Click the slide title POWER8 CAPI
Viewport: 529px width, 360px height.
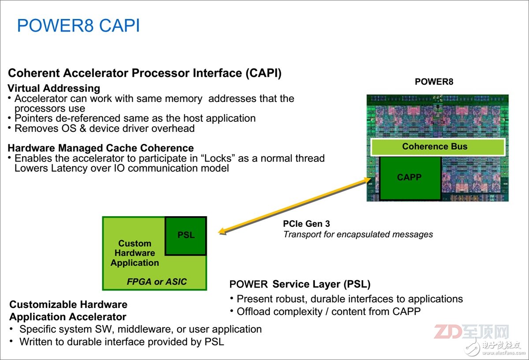click(78, 26)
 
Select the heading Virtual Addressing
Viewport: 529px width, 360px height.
click(54, 88)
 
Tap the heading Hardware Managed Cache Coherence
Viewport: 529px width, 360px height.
click(101, 148)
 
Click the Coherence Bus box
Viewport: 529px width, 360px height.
click(435, 147)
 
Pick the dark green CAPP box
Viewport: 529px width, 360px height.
click(409, 177)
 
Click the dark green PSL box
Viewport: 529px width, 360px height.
click(186, 236)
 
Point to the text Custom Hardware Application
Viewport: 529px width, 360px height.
click(134, 253)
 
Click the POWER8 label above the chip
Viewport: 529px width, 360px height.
click(434, 82)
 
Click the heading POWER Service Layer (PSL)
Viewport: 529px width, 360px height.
click(300, 284)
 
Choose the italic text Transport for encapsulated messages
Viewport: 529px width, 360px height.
click(358, 234)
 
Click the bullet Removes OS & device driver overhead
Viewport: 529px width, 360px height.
click(104, 128)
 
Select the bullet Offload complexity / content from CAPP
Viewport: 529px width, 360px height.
click(328, 311)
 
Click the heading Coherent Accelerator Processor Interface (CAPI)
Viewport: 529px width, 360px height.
click(145, 73)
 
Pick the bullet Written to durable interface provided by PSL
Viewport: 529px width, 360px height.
click(122, 341)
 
